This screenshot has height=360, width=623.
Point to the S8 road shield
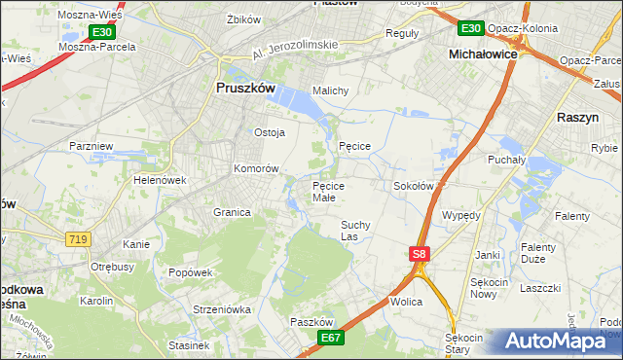click(x=418, y=254)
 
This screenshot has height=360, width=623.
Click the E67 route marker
click(x=331, y=337)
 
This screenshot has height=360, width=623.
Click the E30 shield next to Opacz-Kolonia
click(x=471, y=28)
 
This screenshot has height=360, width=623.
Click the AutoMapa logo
click(x=555, y=341)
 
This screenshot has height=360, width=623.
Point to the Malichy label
click(x=330, y=90)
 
